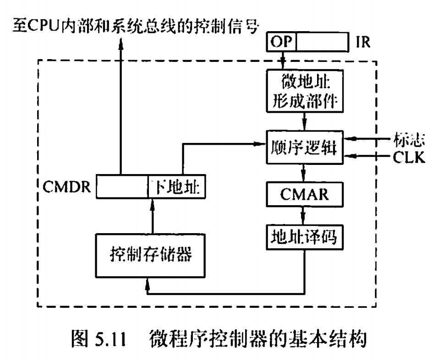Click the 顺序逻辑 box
click(x=304, y=147)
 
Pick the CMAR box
click(x=304, y=195)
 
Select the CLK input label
click(x=409, y=157)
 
